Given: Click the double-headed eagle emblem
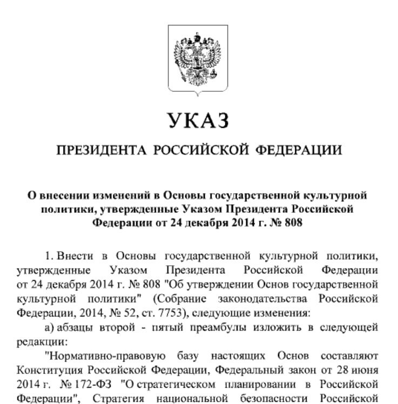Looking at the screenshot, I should (198, 59).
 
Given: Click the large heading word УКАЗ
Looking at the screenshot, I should (198, 120).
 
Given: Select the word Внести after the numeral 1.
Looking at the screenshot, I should (78, 255).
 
